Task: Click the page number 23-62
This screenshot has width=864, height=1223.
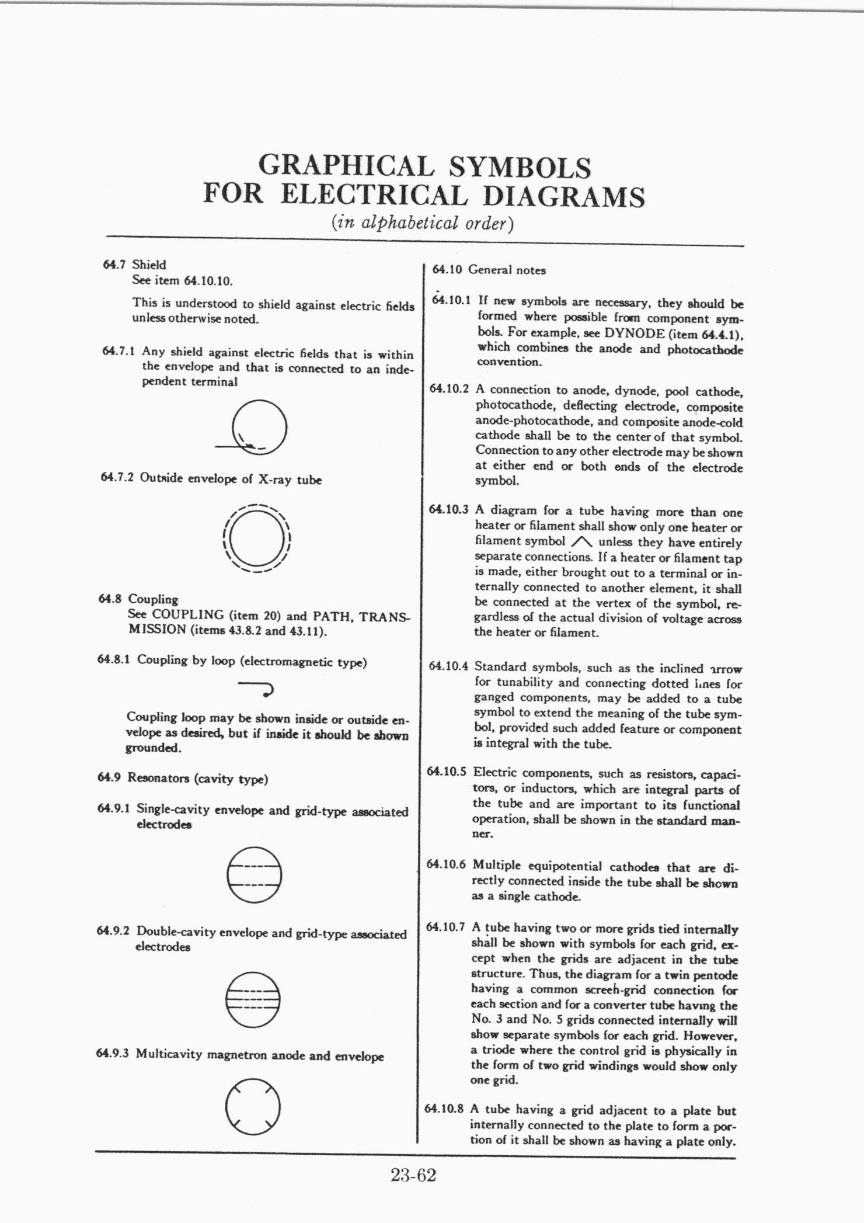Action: pyautogui.click(x=414, y=1175)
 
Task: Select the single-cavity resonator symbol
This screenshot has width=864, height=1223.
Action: pyautogui.click(x=255, y=874)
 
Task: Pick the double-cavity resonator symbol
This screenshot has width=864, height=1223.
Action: pyautogui.click(x=253, y=999)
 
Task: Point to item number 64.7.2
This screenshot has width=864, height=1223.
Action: pyautogui.click(x=117, y=477)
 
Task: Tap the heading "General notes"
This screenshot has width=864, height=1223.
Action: pyautogui.click(x=507, y=270)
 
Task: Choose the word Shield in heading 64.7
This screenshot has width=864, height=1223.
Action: pyautogui.click(x=149, y=265)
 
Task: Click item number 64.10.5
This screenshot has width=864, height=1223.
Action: pyautogui.click(x=447, y=772)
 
